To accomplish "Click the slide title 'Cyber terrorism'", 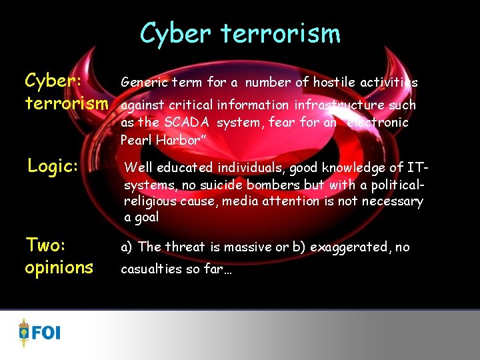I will click(x=240, y=33).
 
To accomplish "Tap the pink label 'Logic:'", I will click(x=53, y=166).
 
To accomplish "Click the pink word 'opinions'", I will click(x=59, y=267).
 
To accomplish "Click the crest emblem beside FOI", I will click(x=25, y=331).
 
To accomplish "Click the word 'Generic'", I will click(x=142, y=83).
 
